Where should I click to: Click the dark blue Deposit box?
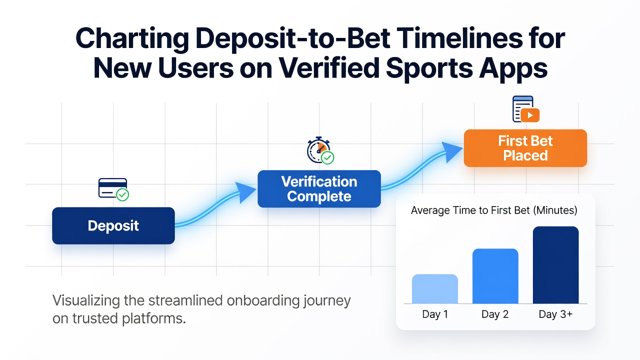point(113,225)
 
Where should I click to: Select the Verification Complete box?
point(319,189)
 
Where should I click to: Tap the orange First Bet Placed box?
point(525,148)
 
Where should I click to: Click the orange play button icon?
point(530,115)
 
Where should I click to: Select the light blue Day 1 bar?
point(435,289)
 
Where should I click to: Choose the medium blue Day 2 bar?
point(495,276)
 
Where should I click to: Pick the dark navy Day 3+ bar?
point(555,265)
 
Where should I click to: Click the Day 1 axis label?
point(435,314)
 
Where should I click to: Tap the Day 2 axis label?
point(495,314)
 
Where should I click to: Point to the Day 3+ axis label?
point(555,314)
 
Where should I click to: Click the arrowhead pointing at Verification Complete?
point(247,192)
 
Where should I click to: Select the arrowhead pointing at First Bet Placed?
point(453,151)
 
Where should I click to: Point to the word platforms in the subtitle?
point(154,318)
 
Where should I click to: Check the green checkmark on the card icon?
point(122,195)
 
